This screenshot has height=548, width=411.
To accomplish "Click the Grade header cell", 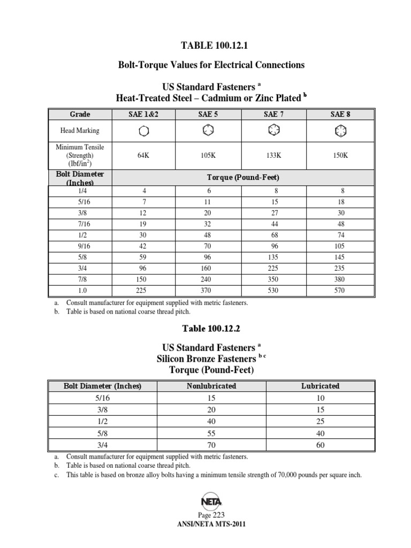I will (80, 115).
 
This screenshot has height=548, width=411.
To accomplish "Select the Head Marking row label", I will (80, 131).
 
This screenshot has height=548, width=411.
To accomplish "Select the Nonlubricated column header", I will (211, 386).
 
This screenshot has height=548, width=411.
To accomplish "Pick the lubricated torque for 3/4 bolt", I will (320, 445).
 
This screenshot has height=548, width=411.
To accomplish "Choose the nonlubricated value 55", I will (211, 433).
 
